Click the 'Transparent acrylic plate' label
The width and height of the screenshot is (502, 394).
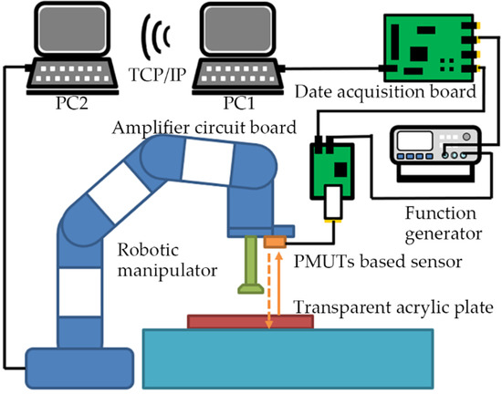pyautogui.click(x=398, y=306)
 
